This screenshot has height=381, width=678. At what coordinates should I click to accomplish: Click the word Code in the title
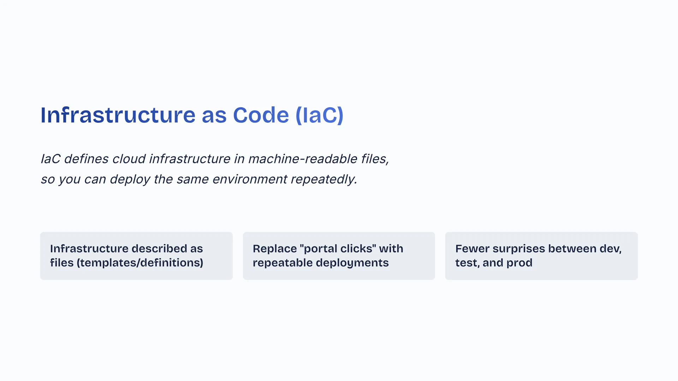click(x=261, y=115)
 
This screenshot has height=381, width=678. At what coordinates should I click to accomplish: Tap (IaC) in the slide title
click(x=319, y=115)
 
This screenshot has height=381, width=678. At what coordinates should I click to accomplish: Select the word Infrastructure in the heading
click(x=118, y=115)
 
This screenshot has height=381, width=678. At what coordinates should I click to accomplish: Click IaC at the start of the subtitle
click(x=50, y=159)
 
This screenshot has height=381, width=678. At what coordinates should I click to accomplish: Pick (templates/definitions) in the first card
click(x=140, y=263)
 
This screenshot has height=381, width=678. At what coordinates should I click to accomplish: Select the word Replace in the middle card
click(x=275, y=249)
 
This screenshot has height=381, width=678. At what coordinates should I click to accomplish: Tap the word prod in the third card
click(x=519, y=263)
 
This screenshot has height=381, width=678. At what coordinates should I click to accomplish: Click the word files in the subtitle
click(x=374, y=159)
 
